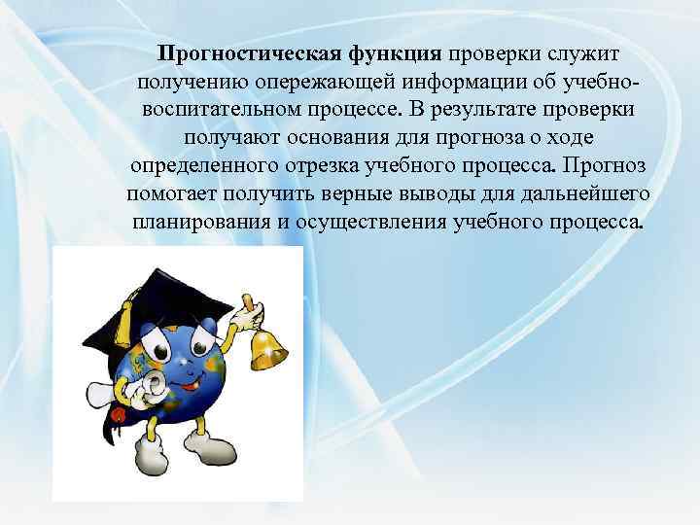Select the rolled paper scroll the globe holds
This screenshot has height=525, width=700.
pyautogui.click(x=146, y=389)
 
